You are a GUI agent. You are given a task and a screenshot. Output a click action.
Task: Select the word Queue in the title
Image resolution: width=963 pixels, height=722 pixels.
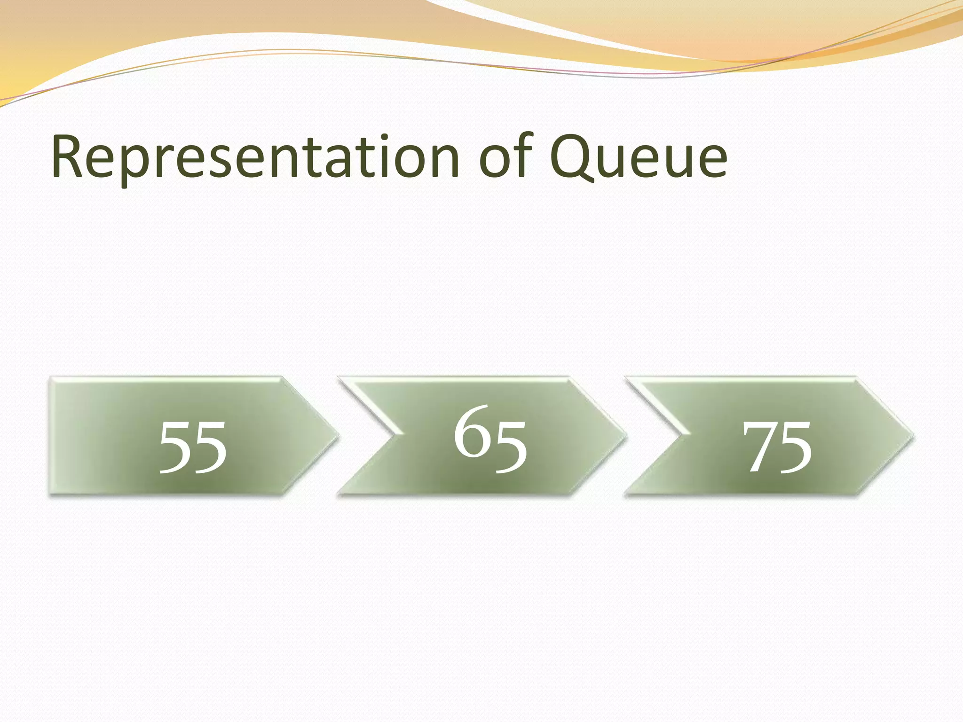[x=639, y=157]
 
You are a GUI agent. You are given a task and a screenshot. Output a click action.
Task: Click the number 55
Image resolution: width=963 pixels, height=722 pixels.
[x=193, y=447]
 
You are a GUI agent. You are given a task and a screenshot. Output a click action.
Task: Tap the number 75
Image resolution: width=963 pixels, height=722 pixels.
[x=777, y=447]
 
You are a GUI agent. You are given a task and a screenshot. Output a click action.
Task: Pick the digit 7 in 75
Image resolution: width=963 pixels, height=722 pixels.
[x=759, y=447]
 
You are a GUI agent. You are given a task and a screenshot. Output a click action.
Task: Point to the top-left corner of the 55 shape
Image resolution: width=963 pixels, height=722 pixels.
[x=51, y=378]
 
